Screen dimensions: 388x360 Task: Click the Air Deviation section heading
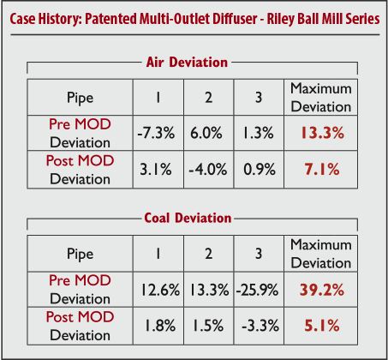[187, 62]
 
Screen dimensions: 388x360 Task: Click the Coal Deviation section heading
[188, 218]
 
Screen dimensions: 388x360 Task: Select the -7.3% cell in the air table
[156, 133]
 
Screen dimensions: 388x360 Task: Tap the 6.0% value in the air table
[206, 133]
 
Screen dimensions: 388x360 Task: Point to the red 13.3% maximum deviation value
[322, 133]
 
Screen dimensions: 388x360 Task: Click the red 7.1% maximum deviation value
[322, 169]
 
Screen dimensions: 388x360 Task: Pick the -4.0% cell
[208, 169]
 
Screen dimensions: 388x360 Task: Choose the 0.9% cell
[260, 169]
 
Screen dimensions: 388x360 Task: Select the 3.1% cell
[156, 169]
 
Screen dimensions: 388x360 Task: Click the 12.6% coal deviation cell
[160, 290]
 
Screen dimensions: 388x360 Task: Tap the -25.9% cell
[257, 290]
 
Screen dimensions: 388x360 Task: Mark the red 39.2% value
[322, 290]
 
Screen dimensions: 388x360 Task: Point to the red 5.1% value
[322, 325]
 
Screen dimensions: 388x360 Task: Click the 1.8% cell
[160, 325]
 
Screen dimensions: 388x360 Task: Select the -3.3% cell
[260, 325]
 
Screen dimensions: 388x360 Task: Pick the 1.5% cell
[208, 325]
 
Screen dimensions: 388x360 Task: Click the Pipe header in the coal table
[81, 254]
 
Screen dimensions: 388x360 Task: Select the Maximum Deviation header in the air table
[321, 98]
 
